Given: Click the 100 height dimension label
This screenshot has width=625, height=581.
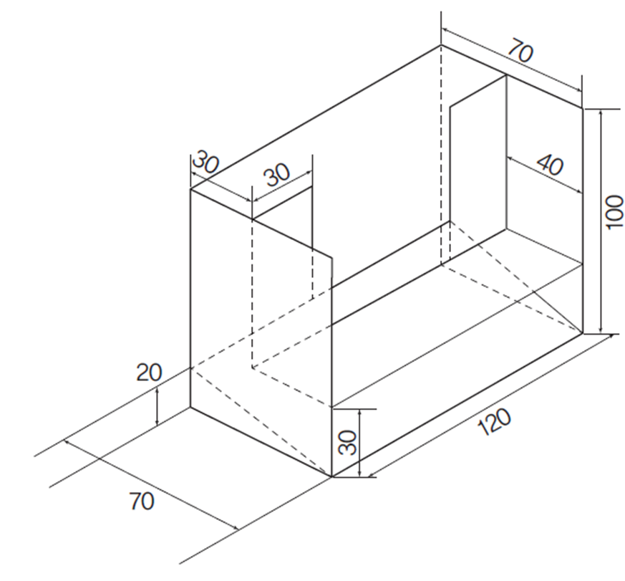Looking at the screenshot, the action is pyautogui.click(x=614, y=212).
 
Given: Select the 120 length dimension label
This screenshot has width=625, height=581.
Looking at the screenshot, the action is pyautogui.click(x=494, y=421).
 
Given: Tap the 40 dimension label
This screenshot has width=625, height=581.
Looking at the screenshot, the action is pyautogui.click(x=550, y=164).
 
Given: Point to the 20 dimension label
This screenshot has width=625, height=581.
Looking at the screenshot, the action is pyautogui.click(x=149, y=373).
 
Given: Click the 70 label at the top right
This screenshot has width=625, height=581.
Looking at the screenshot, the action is pyautogui.click(x=520, y=50).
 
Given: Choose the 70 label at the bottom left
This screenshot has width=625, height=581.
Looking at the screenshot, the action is pyautogui.click(x=142, y=501).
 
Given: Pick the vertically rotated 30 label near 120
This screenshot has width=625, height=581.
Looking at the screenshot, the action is pyautogui.click(x=347, y=442).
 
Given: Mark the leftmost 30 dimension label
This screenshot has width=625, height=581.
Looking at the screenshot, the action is pyautogui.click(x=205, y=161).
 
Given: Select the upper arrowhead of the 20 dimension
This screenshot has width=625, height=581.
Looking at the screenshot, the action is pyautogui.click(x=158, y=390).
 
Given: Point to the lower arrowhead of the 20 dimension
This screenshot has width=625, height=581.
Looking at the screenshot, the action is pyautogui.click(x=158, y=422).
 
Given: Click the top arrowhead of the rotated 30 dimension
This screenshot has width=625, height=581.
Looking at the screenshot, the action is pyautogui.click(x=359, y=413).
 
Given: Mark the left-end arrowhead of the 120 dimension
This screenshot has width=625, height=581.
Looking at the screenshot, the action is pyautogui.click(x=372, y=474).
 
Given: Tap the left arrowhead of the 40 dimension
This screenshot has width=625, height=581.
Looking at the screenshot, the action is pyautogui.click(x=510, y=159).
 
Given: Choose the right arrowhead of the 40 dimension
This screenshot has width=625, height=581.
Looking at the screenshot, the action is pyautogui.click(x=578, y=191).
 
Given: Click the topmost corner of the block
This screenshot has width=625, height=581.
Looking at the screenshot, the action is pyautogui.click(x=441, y=45).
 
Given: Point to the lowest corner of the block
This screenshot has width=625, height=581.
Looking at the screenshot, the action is pyautogui.click(x=331, y=476).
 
